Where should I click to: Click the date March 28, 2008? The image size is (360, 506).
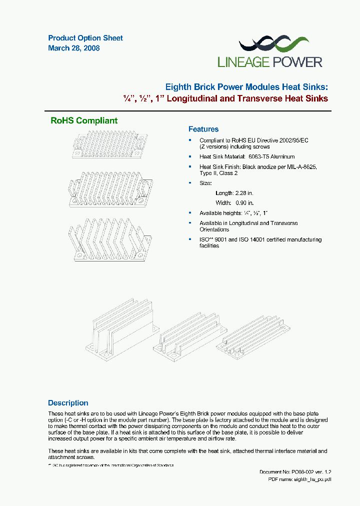point(74,48)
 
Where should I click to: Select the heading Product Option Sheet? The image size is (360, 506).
point(85,38)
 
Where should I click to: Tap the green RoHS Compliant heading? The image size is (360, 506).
point(84,120)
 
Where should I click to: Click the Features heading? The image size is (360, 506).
point(203,129)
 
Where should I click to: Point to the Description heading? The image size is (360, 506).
point(68,403)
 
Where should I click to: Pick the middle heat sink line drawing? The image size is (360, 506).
point(110,186)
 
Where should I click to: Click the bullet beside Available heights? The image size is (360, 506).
point(190,213)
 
